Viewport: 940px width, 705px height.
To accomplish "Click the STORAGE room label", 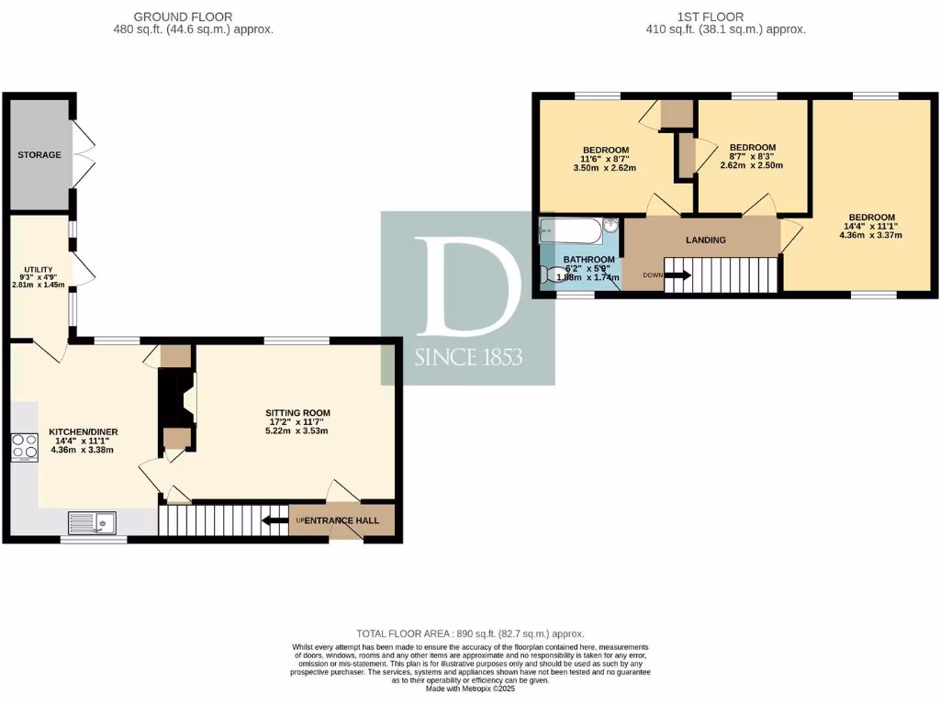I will click(39, 155).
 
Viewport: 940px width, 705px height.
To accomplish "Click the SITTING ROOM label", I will click(291, 413).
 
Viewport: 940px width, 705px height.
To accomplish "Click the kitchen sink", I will click(92, 522).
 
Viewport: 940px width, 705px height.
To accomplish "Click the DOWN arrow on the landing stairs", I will click(678, 274).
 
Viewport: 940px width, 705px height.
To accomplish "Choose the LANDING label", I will click(706, 241).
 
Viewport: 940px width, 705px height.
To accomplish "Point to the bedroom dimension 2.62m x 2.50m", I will click(752, 165).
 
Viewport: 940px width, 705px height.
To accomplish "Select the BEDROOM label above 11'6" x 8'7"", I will click(606, 151).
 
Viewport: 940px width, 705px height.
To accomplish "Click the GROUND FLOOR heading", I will click(183, 17).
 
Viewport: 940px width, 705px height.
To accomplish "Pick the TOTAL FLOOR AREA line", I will click(470, 634).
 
